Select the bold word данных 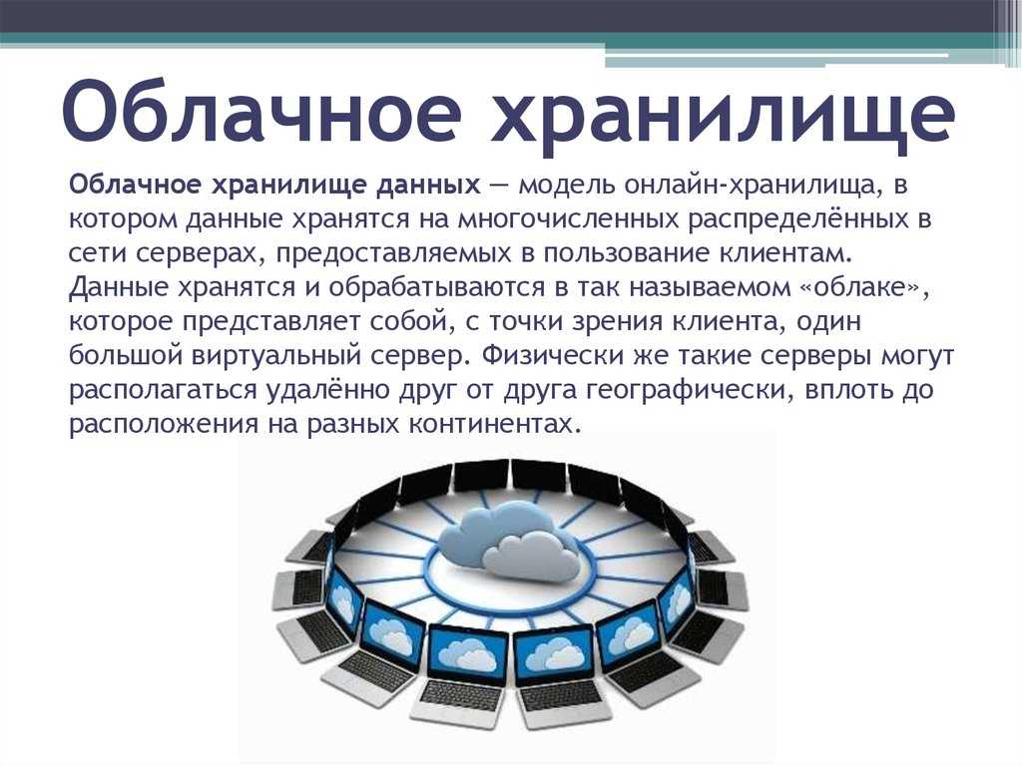click(x=428, y=186)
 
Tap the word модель click(x=567, y=186)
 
